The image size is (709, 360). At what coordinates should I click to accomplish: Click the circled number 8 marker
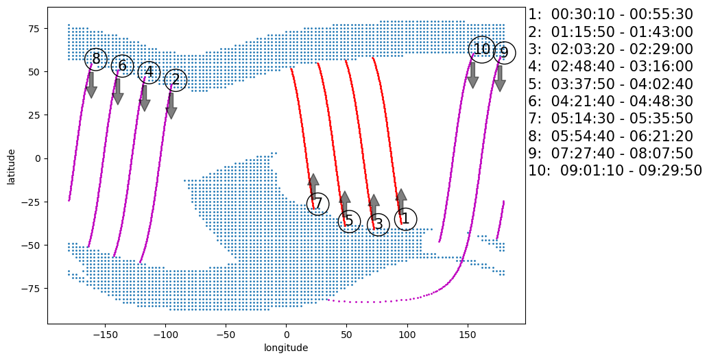(x=96, y=59)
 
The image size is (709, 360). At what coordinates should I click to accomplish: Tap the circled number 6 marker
(x=122, y=66)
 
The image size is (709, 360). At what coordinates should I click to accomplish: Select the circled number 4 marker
(x=149, y=72)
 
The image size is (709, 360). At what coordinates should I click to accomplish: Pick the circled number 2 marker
(x=176, y=80)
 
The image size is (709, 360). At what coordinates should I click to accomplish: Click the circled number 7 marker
(x=317, y=204)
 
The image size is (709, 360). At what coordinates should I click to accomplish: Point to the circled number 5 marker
(x=349, y=221)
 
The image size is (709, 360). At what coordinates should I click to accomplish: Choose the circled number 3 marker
(x=378, y=224)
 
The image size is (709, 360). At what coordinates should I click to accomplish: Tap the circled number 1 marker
(x=405, y=219)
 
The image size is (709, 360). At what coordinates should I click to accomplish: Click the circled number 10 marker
(x=482, y=49)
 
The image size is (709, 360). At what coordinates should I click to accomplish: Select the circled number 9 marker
(x=504, y=53)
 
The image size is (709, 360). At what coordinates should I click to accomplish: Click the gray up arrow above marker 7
(x=313, y=186)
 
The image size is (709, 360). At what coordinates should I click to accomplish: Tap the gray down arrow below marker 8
(x=91, y=84)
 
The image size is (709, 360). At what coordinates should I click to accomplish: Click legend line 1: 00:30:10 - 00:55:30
(x=610, y=14)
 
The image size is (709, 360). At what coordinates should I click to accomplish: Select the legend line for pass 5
(x=610, y=84)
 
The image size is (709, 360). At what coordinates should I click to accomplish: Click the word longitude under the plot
(x=286, y=348)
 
